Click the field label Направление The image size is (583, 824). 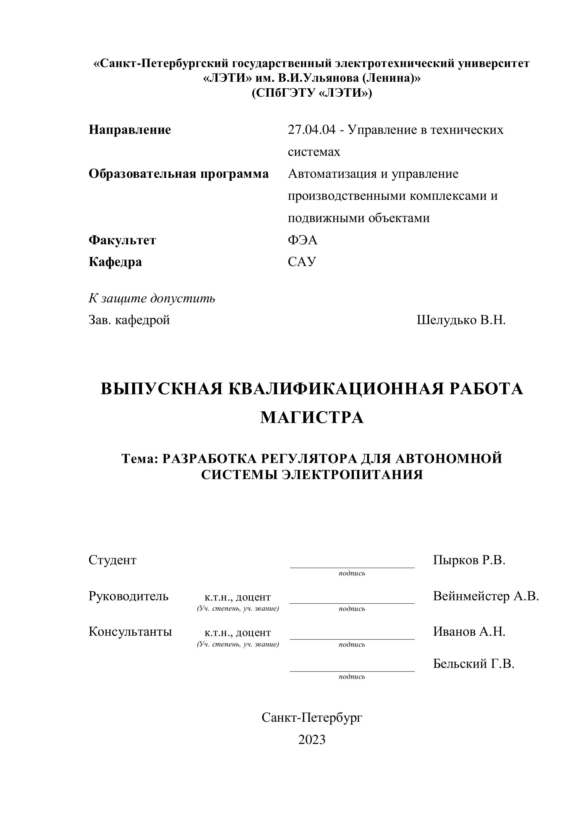coord(130,130)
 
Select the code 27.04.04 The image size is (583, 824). coord(311,130)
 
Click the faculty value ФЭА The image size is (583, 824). coord(302,240)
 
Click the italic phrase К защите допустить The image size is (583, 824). coord(152,298)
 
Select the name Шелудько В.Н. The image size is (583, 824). coord(461,320)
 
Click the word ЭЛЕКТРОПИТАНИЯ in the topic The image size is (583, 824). coord(352,475)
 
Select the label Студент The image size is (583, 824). coord(112,560)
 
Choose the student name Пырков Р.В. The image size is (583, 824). coord(469,560)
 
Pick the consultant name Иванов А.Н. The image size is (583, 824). coord(469,631)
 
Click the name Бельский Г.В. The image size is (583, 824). coord(474,664)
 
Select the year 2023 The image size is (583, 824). coord(312,740)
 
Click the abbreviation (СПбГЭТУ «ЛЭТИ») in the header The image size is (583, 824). coord(312,93)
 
